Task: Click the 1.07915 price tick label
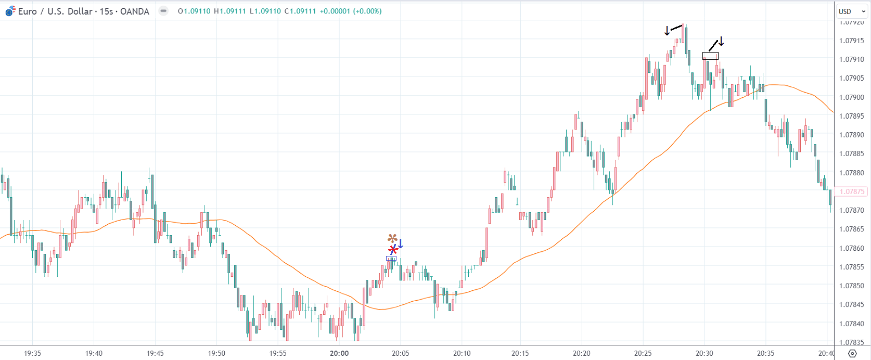pyautogui.click(x=851, y=41)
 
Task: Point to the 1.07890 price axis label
pyautogui.click(x=851, y=135)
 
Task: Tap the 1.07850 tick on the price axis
pyautogui.click(x=851, y=286)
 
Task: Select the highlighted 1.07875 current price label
pyautogui.click(x=852, y=191)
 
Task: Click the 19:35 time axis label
pyautogui.click(x=32, y=353)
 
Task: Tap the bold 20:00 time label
pyautogui.click(x=339, y=353)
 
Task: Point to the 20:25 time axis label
pyautogui.click(x=643, y=353)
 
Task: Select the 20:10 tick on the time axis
pyautogui.click(x=462, y=353)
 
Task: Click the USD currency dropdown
pyautogui.click(x=851, y=11)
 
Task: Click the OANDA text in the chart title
pyautogui.click(x=134, y=11)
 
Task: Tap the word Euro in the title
pyautogui.click(x=27, y=11)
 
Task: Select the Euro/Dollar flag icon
pyautogui.click(x=10, y=11)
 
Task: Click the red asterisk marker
pyautogui.click(x=393, y=250)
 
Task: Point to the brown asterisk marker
pyautogui.click(x=392, y=238)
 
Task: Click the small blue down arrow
pyautogui.click(x=401, y=243)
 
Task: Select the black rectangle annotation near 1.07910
pyautogui.click(x=710, y=56)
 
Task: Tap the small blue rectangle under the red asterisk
pyautogui.click(x=391, y=258)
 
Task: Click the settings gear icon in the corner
pyautogui.click(x=852, y=353)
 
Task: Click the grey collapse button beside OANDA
pyautogui.click(x=163, y=11)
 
